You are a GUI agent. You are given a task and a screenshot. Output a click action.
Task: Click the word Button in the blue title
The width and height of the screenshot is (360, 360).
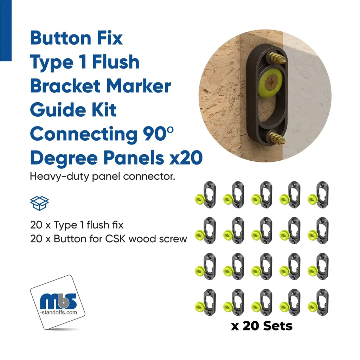(x=60, y=38)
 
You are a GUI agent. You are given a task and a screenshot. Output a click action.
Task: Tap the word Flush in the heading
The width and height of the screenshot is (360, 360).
(x=116, y=62)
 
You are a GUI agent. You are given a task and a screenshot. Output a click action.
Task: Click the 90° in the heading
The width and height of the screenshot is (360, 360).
(x=158, y=134)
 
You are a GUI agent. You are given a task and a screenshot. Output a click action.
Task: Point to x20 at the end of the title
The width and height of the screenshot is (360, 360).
(x=186, y=158)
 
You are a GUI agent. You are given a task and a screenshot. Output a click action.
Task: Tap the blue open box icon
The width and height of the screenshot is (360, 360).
(x=39, y=203)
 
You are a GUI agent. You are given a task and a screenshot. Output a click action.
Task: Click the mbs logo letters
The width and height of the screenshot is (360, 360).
(x=58, y=301)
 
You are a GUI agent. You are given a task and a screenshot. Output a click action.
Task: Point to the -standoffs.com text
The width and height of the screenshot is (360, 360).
(x=58, y=313)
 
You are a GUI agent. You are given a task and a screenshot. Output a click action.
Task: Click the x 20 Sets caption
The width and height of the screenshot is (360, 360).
(x=262, y=326)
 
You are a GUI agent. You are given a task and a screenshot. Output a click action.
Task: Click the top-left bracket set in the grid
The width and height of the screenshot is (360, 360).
(x=205, y=195)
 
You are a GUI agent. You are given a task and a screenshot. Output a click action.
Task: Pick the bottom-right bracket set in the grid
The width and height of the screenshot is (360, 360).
(x=318, y=302)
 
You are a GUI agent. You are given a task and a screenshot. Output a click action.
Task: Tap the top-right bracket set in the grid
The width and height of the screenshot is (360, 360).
(x=318, y=195)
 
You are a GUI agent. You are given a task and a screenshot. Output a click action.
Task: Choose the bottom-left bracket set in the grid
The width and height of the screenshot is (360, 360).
(x=205, y=302)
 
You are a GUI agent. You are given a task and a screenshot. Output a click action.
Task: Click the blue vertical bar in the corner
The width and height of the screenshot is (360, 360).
(x=6, y=31)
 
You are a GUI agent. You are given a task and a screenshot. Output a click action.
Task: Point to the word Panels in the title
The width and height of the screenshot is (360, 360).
(x=134, y=158)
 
